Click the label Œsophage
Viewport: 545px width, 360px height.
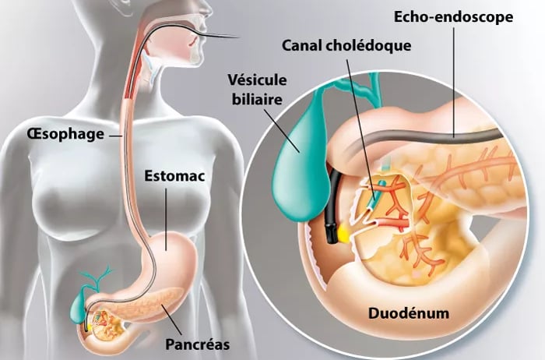point(65,134)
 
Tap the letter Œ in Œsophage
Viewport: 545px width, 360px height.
point(34,134)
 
